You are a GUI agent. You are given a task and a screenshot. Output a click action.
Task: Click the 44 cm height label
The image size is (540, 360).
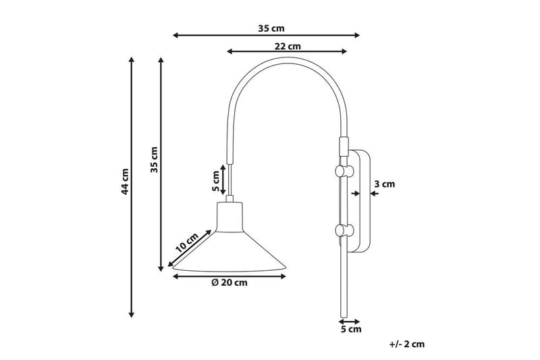coord(124,181)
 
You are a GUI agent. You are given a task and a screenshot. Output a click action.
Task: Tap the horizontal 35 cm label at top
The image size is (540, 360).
coord(271,28)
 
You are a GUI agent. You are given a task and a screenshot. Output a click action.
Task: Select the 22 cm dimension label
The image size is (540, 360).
coord(288,47)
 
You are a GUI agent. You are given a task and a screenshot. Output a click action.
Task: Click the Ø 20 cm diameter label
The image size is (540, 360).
coord(229,283)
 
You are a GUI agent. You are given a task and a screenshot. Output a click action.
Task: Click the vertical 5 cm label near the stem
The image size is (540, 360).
coord(216,180)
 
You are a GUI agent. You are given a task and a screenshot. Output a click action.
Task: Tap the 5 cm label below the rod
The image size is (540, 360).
coord(351,330)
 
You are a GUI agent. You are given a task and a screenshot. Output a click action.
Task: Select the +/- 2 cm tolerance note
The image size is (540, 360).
coord(407,344)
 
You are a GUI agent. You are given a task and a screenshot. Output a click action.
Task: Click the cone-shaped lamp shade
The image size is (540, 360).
coord(230,250)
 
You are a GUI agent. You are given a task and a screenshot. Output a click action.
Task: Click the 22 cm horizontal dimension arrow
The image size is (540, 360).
coord(288,52)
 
